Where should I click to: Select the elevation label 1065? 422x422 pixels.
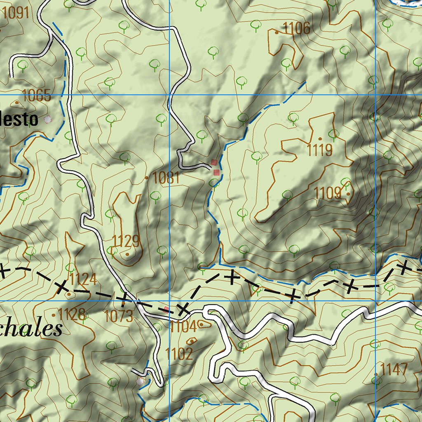point(37,96)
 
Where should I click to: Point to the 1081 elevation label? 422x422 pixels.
point(166,178)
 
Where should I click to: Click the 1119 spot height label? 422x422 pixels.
point(320,150)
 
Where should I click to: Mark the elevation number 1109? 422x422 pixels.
point(328,192)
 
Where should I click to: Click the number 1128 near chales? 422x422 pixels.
point(72,315)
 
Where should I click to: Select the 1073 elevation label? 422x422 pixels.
point(119,316)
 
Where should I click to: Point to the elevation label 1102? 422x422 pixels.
point(179,354)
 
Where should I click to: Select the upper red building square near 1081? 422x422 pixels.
point(213,162)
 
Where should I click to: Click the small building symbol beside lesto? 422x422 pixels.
point(48,120)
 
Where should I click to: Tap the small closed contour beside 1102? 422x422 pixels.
point(192,341)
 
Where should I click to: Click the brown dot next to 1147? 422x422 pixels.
point(376,374)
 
